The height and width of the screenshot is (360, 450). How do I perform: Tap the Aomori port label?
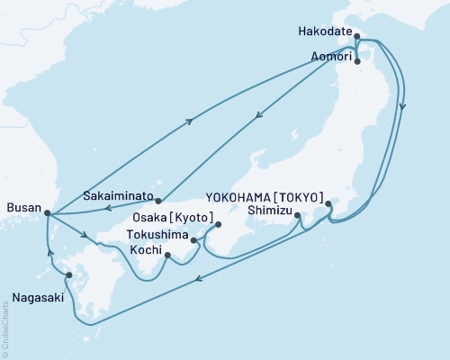click(327, 55)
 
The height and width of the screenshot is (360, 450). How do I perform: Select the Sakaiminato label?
click(116, 193)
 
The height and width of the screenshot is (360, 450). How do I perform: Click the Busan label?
click(22, 208)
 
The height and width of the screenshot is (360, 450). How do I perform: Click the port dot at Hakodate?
click(358, 37)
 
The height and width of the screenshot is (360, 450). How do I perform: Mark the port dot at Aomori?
click(358, 61)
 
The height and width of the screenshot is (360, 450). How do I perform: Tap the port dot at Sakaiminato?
click(157, 201)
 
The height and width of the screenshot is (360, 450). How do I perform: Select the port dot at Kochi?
click(168, 257)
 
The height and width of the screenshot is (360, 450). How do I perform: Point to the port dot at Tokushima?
click(193, 240)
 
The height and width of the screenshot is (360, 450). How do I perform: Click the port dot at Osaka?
click(218, 225)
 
